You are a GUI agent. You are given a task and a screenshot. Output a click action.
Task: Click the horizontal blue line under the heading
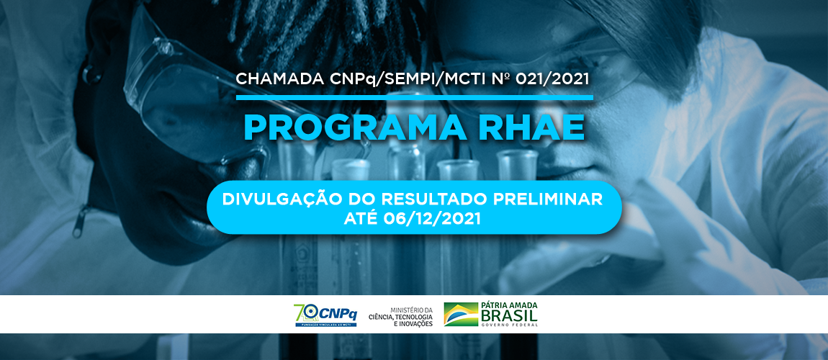(x=414, y=97)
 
